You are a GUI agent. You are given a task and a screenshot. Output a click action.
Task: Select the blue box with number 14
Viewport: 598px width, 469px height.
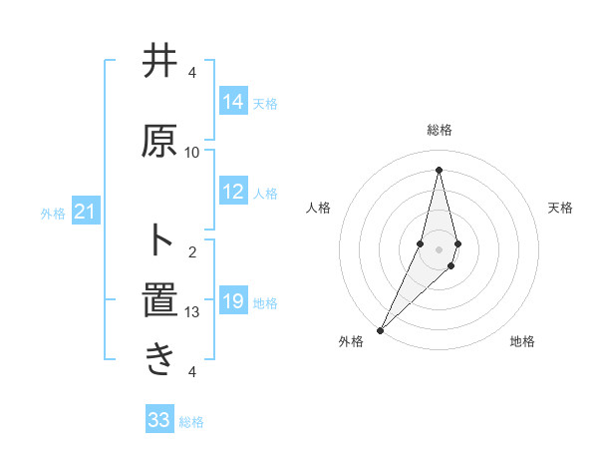[x=233, y=102]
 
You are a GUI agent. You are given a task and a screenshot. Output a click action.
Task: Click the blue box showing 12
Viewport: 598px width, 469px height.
[x=233, y=193]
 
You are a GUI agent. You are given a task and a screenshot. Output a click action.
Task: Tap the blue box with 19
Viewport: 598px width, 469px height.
[x=233, y=301]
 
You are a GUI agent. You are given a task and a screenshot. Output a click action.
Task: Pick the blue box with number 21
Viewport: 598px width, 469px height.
[x=85, y=212]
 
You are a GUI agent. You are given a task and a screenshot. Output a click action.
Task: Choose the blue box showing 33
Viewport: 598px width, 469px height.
[x=159, y=420]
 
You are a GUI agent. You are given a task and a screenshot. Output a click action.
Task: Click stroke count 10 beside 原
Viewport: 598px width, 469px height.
[x=192, y=152]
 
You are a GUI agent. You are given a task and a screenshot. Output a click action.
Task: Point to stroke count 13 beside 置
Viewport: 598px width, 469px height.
[x=192, y=312]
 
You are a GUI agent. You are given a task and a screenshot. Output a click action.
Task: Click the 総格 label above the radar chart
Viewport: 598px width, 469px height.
[x=440, y=131]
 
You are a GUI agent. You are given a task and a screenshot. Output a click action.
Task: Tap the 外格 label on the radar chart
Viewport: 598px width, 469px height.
[x=351, y=342]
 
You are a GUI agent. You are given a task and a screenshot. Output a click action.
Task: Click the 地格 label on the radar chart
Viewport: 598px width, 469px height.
[x=522, y=342]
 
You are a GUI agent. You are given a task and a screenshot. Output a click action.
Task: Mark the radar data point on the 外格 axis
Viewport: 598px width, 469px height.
[x=381, y=328]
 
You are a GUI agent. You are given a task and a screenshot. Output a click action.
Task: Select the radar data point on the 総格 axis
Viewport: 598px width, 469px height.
[x=439, y=169]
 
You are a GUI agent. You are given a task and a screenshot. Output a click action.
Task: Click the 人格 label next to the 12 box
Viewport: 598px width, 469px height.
[x=265, y=194]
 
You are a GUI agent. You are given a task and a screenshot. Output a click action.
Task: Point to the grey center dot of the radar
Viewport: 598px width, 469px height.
[x=439, y=248]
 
